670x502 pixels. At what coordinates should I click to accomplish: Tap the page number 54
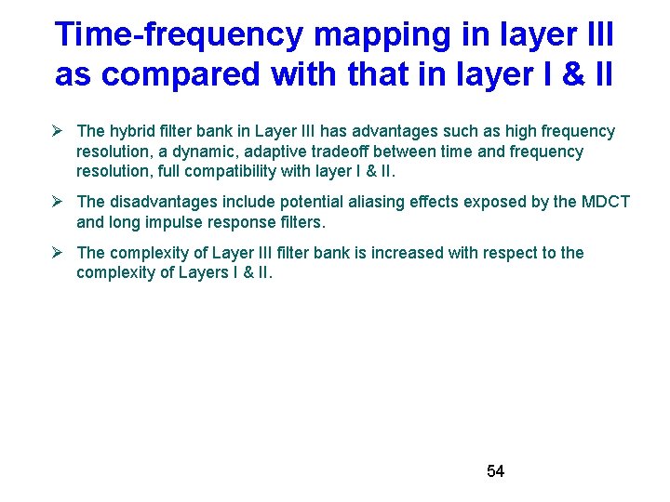click(495, 471)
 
